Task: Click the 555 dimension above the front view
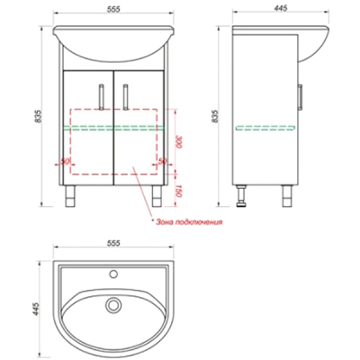pyautogui.click(x=113, y=9)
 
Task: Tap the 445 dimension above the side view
pyautogui.click(x=281, y=8)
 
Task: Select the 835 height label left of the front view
pyautogui.click(x=38, y=116)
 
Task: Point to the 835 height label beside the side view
pyautogui.click(x=215, y=116)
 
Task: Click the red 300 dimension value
pyautogui.click(x=178, y=142)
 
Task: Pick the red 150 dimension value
pyautogui.click(x=178, y=191)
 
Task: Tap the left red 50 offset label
pyautogui.click(x=65, y=161)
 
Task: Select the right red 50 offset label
pyautogui.click(x=162, y=161)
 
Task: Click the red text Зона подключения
pyautogui.click(x=189, y=222)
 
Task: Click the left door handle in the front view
pyautogui.click(x=102, y=96)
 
